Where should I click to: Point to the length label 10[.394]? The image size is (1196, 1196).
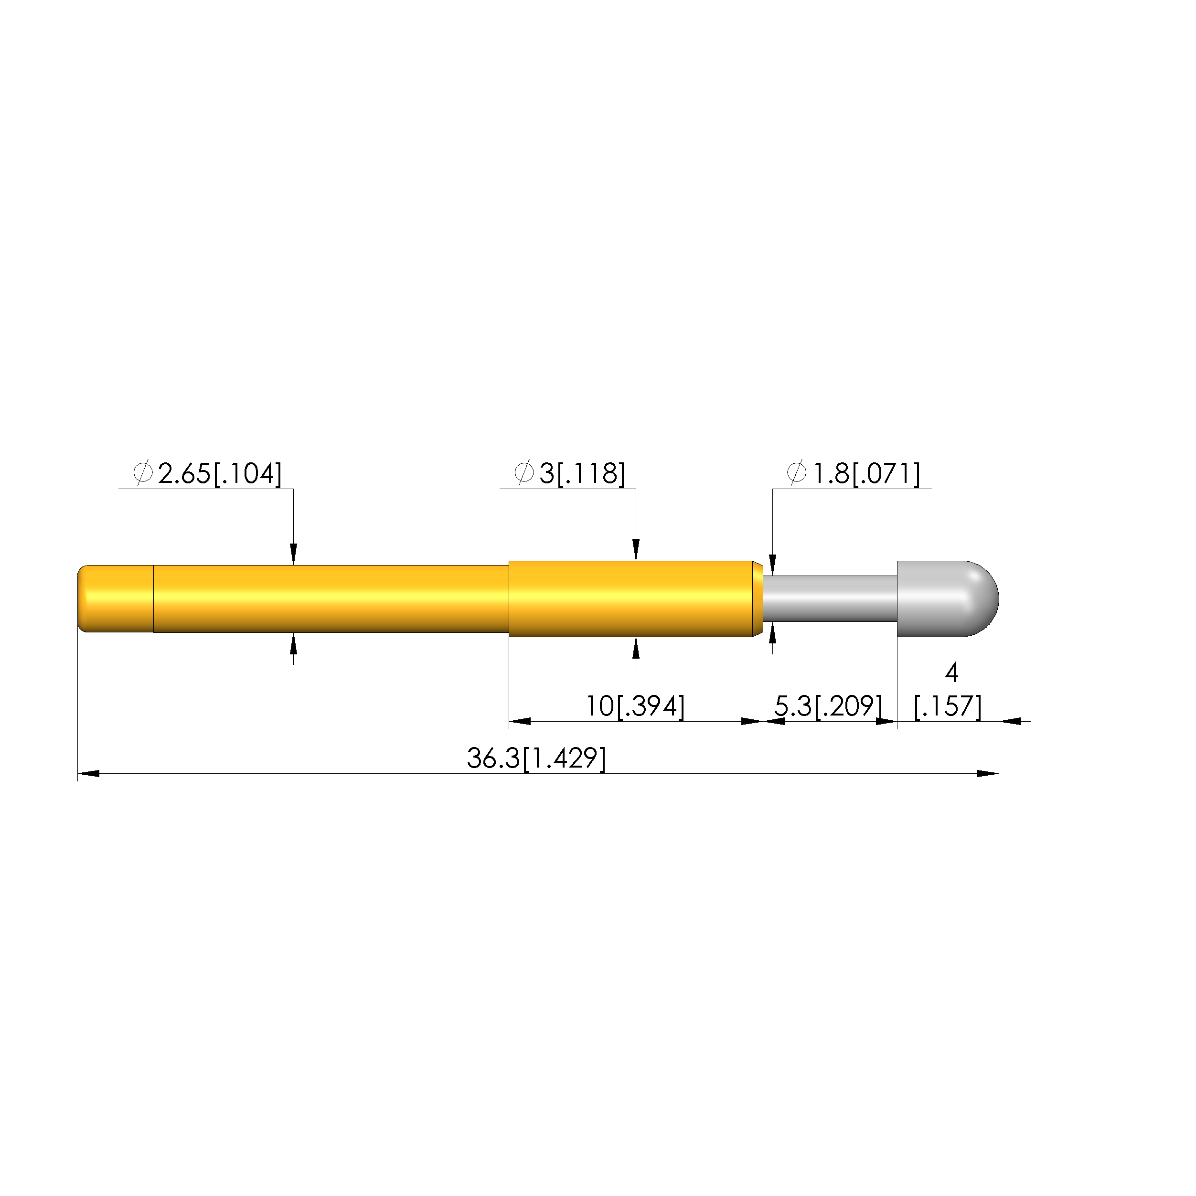[635, 706]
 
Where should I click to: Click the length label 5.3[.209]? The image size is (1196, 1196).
[828, 706]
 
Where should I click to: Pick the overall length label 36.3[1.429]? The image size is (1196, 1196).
[536, 759]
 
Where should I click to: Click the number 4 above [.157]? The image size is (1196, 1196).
[951, 673]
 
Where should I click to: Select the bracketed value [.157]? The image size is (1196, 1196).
[948, 706]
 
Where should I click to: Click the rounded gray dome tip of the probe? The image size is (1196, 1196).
[947, 598]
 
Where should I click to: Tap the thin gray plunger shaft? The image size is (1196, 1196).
[830, 598]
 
